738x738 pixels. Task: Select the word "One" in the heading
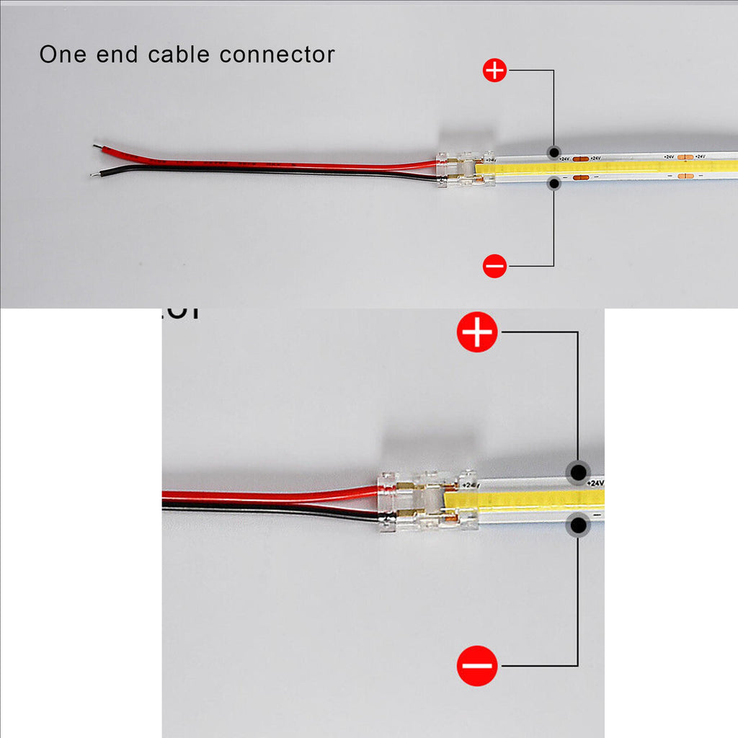(x=59, y=55)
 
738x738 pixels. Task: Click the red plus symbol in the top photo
(x=494, y=71)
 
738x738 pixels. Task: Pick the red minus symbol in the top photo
(x=494, y=266)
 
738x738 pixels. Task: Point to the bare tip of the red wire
(x=97, y=147)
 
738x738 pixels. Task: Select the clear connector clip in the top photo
(x=466, y=169)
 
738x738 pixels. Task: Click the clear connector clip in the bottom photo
(x=427, y=500)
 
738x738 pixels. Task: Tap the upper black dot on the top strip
(x=553, y=153)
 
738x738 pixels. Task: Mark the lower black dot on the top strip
(x=553, y=184)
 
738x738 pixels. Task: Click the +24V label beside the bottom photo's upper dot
(x=595, y=482)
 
